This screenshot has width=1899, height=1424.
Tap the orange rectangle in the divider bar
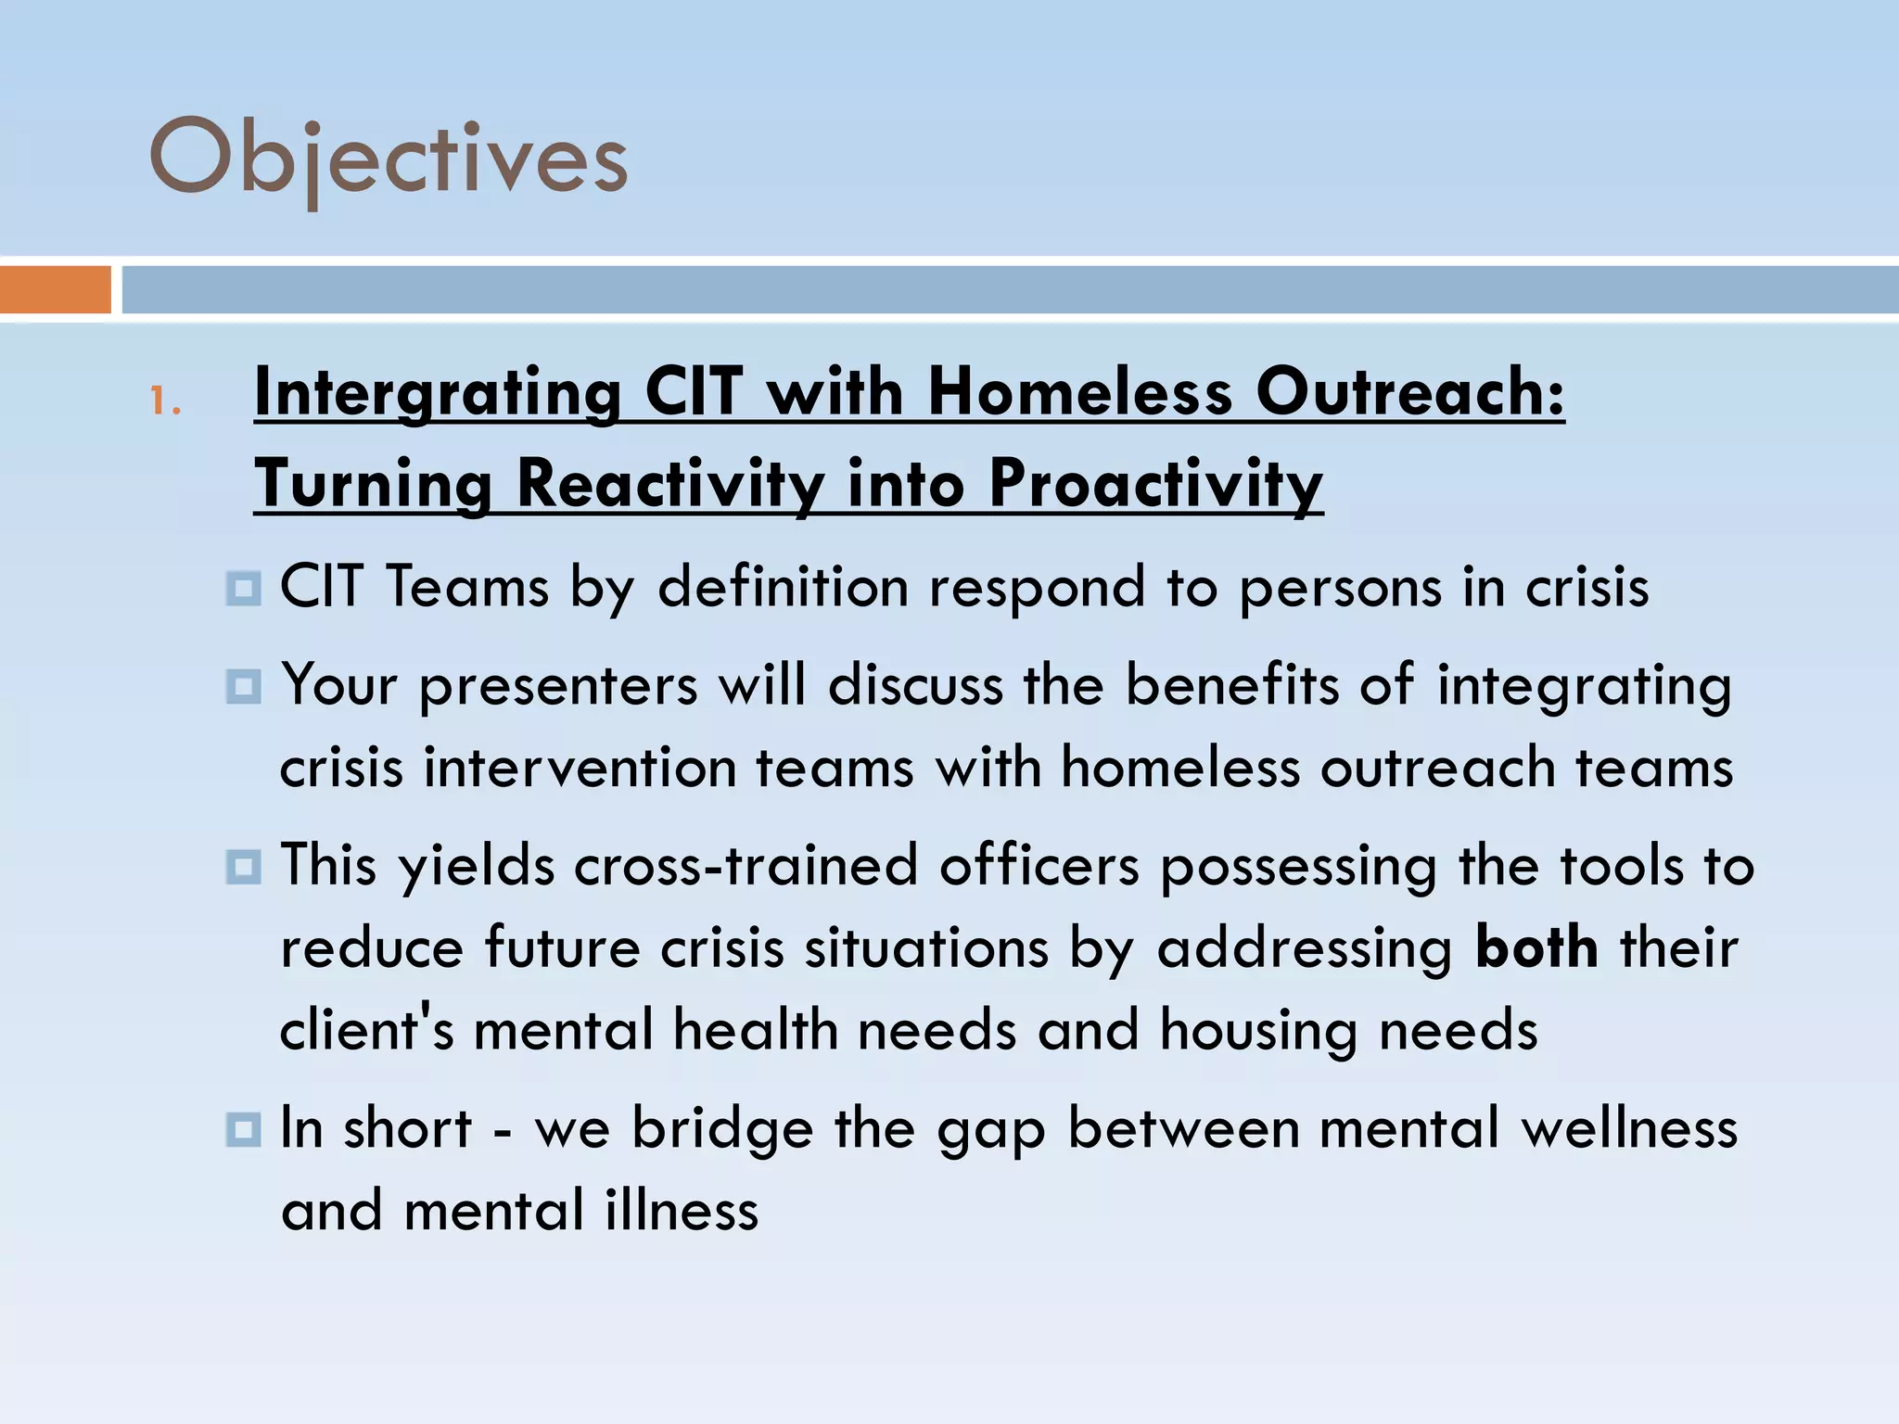55,289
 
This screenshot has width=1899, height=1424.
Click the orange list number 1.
164,401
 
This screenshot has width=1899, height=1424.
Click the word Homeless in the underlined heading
1080,391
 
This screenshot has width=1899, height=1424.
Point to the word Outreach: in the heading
1409,391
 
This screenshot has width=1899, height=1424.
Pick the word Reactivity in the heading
670,483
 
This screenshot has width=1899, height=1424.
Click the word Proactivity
1155,483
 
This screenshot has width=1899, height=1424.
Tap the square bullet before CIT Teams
243,589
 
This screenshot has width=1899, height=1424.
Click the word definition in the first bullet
783,587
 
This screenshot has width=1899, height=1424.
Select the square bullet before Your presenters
243,687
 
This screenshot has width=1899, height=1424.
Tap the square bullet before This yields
243,867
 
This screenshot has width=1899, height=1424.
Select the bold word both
1536,947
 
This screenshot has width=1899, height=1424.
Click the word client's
367,1029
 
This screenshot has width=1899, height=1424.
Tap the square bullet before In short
243,1129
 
